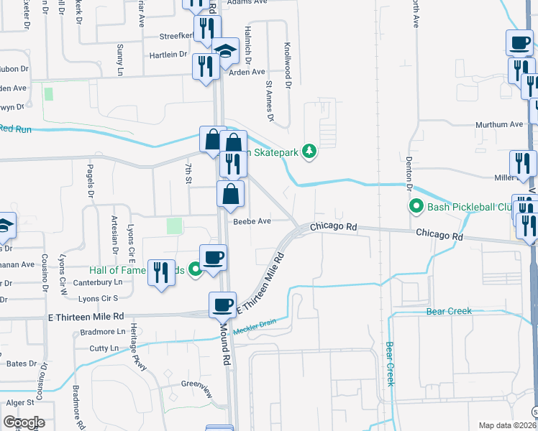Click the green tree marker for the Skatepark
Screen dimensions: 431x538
[x=309, y=151]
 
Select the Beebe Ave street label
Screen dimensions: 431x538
[x=251, y=221]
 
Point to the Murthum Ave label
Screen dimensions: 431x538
[x=499, y=124]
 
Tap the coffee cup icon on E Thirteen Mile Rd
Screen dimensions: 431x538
[x=222, y=305]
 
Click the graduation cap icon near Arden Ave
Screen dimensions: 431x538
[x=226, y=51]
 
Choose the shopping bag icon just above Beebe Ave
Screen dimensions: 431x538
[x=230, y=195]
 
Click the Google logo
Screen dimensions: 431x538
[x=24, y=422]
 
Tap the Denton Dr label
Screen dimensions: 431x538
[x=409, y=172]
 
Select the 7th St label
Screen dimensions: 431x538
[x=187, y=173]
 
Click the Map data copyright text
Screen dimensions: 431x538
[x=507, y=425]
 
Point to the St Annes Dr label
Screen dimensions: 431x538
[x=270, y=101]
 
